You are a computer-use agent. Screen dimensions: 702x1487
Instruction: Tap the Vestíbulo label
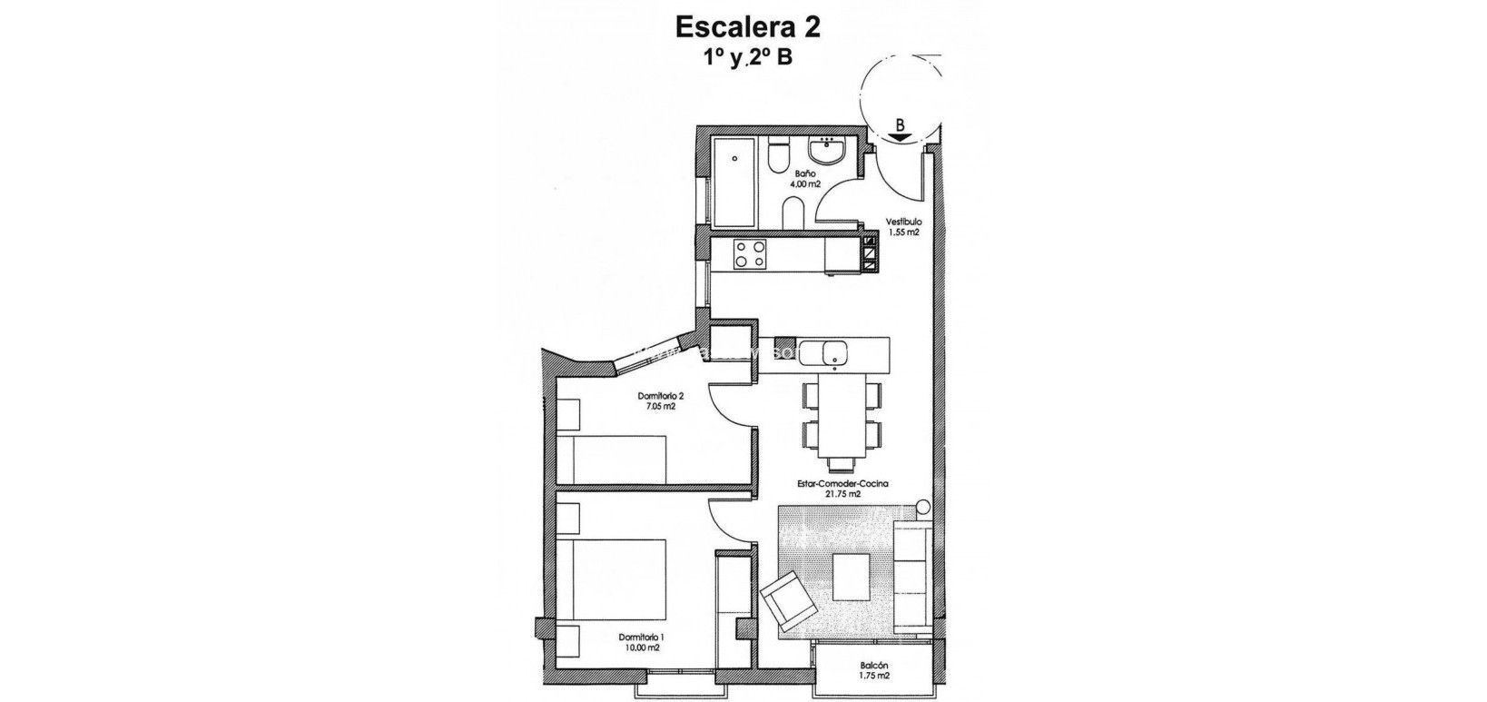click(904, 221)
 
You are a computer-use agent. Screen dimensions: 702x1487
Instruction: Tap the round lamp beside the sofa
click(922, 508)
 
